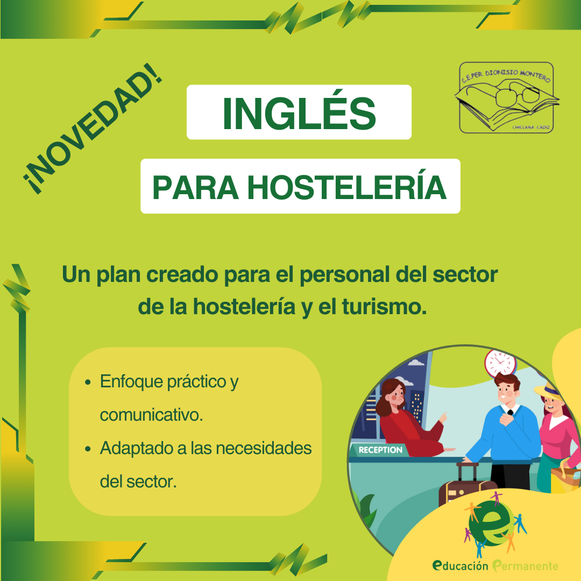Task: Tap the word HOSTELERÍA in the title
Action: point(347,188)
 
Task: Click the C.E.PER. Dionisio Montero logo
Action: point(507,97)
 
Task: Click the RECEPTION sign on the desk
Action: point(380,450)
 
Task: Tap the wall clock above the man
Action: point(500,363)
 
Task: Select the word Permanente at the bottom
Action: point(525,566)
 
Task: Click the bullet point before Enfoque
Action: point(88,382)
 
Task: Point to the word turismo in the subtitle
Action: point(384,307)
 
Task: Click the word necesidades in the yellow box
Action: point(264,448)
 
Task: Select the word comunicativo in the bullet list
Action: point(151,415)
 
